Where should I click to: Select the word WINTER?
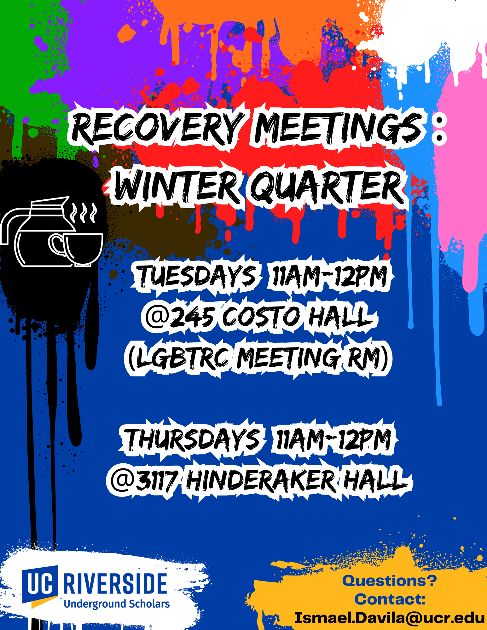coord(177,186)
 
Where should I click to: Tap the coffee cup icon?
coord(76,249)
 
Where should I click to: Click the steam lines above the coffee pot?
coord(83,213)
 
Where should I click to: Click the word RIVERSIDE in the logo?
coord(115,583)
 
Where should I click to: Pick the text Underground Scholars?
coord(117,604)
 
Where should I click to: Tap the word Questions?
coord(390,581)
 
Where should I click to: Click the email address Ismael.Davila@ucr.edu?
coord(390,618)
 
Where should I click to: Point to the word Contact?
coord(390,599)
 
